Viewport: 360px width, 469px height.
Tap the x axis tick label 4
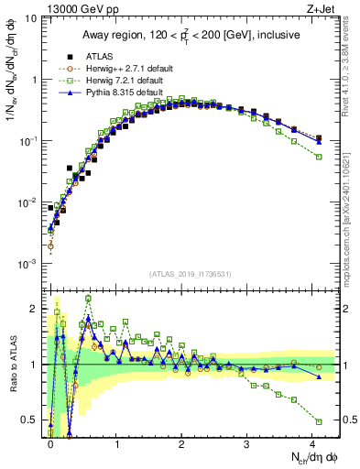point(313,443)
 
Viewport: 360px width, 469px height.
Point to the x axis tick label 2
point(181,443)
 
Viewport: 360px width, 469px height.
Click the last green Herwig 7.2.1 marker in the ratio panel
point(319,421)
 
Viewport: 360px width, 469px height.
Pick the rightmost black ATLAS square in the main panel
point(319,138)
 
